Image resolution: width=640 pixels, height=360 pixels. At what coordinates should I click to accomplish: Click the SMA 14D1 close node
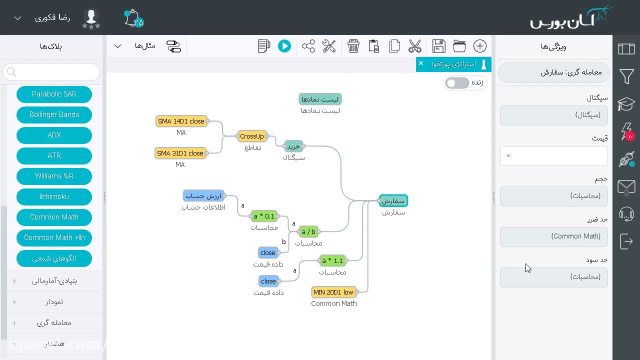coord(181,121)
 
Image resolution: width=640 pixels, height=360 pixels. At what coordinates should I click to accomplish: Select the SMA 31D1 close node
coord(180,153)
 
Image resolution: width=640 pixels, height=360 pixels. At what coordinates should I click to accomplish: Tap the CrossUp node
coord(251,136)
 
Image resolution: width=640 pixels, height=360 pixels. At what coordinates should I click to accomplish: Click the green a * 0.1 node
coord(264,216)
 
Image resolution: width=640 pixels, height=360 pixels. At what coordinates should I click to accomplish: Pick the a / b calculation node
coord(308,231)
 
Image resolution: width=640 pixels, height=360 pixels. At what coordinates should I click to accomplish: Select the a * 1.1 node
coord(332,260)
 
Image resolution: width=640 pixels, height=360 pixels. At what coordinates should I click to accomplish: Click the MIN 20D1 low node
coord(333,292)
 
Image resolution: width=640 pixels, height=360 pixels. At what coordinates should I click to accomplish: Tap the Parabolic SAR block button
coord(54,94)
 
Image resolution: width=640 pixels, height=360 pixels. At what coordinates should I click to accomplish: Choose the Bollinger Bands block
coord(54,115)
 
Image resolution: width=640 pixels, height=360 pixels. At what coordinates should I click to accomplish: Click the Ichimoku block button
coord(54,197)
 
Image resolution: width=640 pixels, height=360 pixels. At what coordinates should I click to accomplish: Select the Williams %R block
coord(54,176)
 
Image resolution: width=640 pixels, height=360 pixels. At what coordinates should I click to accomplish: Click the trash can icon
coord(353,46)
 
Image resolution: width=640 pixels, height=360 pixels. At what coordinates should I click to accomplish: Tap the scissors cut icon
coord(415,46)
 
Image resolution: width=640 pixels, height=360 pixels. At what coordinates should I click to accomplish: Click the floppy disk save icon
coord(439,46)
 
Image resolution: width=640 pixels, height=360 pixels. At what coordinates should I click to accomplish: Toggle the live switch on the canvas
coord(457,83)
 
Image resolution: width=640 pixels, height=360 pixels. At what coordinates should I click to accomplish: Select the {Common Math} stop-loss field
coord(553,237)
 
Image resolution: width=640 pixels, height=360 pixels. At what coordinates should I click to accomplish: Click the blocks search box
coord(51,72)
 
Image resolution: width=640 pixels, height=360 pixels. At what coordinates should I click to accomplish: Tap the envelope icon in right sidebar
coord(626,187)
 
